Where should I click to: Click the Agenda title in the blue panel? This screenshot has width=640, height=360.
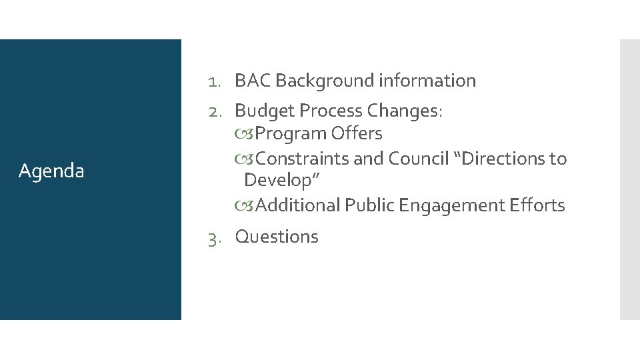coord(51,171)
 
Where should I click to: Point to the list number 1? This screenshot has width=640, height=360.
coord(213,81)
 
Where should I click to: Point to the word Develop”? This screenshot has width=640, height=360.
coord(283,180)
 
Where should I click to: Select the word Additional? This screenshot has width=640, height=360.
coord(297,205)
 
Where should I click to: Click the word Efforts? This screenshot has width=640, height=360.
coord(539,205)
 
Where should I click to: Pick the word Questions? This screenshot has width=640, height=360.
coord(277,237)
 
